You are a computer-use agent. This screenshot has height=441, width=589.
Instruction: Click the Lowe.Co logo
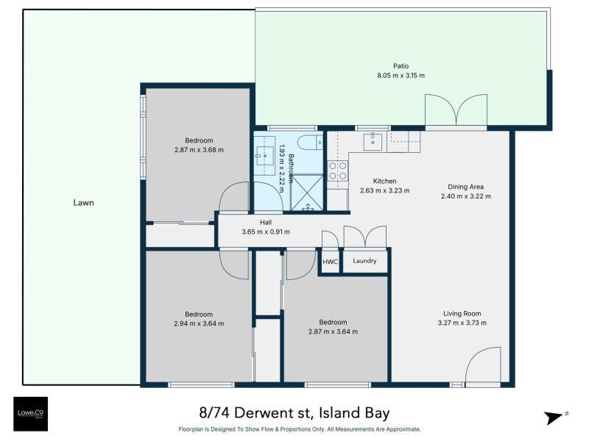[x=31, y=414]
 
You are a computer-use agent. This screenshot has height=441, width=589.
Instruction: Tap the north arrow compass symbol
[x=555, y=417]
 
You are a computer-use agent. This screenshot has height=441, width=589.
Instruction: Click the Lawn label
[x=83, y=203]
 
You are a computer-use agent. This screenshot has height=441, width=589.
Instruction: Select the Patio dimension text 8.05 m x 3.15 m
[x=401, y=76]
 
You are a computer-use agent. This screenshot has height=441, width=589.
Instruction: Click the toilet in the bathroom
[x=310, y=143]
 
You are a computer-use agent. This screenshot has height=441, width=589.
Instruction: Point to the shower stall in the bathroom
[x=307, y=193]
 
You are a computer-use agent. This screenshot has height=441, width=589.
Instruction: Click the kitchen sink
[x=373, y=142]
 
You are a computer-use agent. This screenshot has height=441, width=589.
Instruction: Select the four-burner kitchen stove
[x=338, y=171]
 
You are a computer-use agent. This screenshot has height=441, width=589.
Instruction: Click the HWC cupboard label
[x=330, y=262]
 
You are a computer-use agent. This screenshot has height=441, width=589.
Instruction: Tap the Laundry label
[x=364, y=261]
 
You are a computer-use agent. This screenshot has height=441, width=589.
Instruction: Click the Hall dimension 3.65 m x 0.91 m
[x=266, y=232]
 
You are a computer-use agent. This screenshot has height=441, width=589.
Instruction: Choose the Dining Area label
[x=466, y=187]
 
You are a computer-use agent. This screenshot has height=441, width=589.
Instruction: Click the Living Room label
[x=462, y=314]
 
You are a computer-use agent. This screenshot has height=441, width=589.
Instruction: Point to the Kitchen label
[x=384, y=181]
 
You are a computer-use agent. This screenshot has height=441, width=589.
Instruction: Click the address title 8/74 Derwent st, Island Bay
[x=294, y=413]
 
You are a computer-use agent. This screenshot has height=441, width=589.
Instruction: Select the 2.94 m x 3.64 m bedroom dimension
[x=199, y=323]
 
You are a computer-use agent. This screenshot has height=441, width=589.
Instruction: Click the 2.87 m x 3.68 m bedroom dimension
[x=199, y=150]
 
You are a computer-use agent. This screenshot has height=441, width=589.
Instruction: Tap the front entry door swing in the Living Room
[x=483, y=365]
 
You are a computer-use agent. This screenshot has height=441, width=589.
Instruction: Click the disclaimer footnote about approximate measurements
[x=300, y=429]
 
